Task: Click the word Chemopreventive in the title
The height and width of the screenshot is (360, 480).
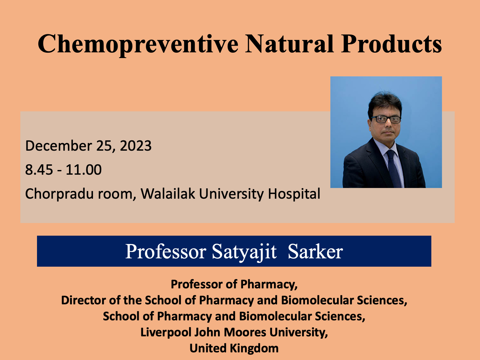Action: [x=138, y=45]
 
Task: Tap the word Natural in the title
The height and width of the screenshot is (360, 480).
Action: [x=289, y=44]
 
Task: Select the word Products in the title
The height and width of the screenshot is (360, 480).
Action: [x=391, y=44]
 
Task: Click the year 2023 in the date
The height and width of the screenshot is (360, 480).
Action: [x=136, y=146]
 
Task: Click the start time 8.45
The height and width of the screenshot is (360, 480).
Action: [x=39, y=170]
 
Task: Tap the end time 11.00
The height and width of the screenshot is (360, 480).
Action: [x=83, y=170]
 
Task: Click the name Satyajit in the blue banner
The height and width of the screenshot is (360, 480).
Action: [x=244, y=252]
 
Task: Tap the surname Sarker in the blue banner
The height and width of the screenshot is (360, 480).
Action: [x=315, y=252]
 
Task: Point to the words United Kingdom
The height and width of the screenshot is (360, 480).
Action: [x=234, y=348]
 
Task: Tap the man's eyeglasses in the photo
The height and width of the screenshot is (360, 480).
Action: [x=386, y=119]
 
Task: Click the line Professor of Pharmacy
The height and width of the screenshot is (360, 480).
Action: [x=234, y=284]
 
